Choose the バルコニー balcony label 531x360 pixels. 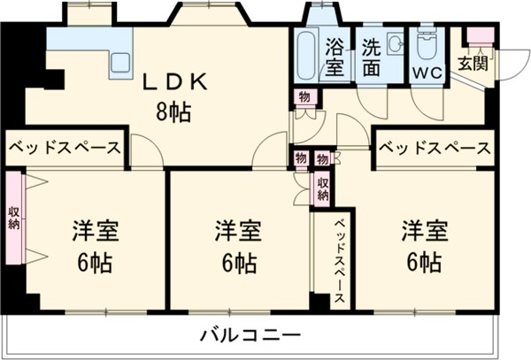click(250, 336)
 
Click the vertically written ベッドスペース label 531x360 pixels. click(340, 261)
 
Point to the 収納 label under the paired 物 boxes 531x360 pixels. click(323, 188)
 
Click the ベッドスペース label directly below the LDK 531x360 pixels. click(65, 149)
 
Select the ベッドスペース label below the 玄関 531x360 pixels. click(435, 149)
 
